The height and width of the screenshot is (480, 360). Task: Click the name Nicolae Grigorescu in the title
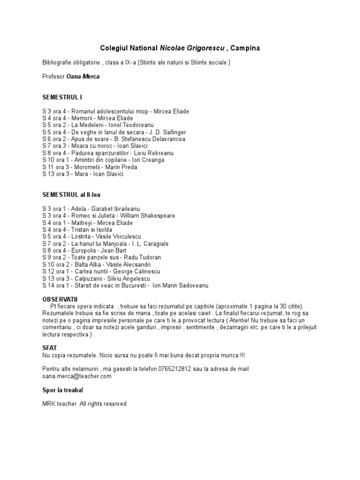[191, 48]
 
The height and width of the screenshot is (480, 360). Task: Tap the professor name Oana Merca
[83, 76]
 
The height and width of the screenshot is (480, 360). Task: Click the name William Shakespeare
[148, 216]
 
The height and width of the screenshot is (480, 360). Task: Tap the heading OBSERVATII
[60, 299]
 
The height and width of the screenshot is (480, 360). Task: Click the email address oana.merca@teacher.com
[76, 376]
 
